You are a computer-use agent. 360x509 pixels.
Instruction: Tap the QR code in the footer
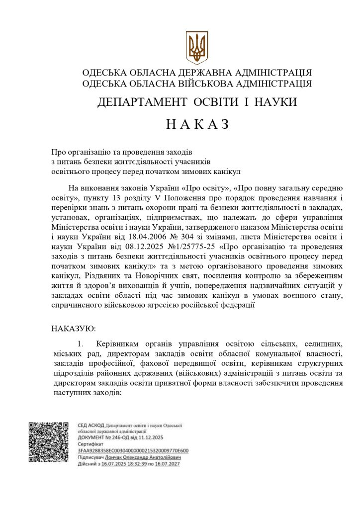[x=48, y=441]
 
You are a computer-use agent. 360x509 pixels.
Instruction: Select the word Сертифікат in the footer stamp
[x=90, y=444]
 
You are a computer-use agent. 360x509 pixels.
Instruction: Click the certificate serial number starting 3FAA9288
[x=133, y=451]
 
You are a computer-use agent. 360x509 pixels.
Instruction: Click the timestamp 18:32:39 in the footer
[x=137, y=464]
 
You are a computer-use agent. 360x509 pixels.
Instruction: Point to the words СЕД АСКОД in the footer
[x=91, y=425]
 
